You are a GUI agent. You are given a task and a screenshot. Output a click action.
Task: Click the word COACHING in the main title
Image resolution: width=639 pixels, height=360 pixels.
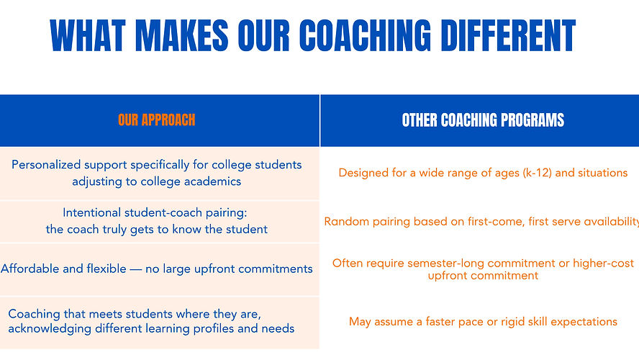pyautogui.click(x=365, y=36)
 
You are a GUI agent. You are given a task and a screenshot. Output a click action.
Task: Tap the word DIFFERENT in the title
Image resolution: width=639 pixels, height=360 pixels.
pyautogui.click(x=510, y=36)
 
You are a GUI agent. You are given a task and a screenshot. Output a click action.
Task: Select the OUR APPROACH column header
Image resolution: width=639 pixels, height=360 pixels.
pyautogui.click(x=156, y=120)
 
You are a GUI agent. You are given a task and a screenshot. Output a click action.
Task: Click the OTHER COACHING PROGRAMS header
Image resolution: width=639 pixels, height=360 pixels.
pyautogui.click(x=483, y=120)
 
